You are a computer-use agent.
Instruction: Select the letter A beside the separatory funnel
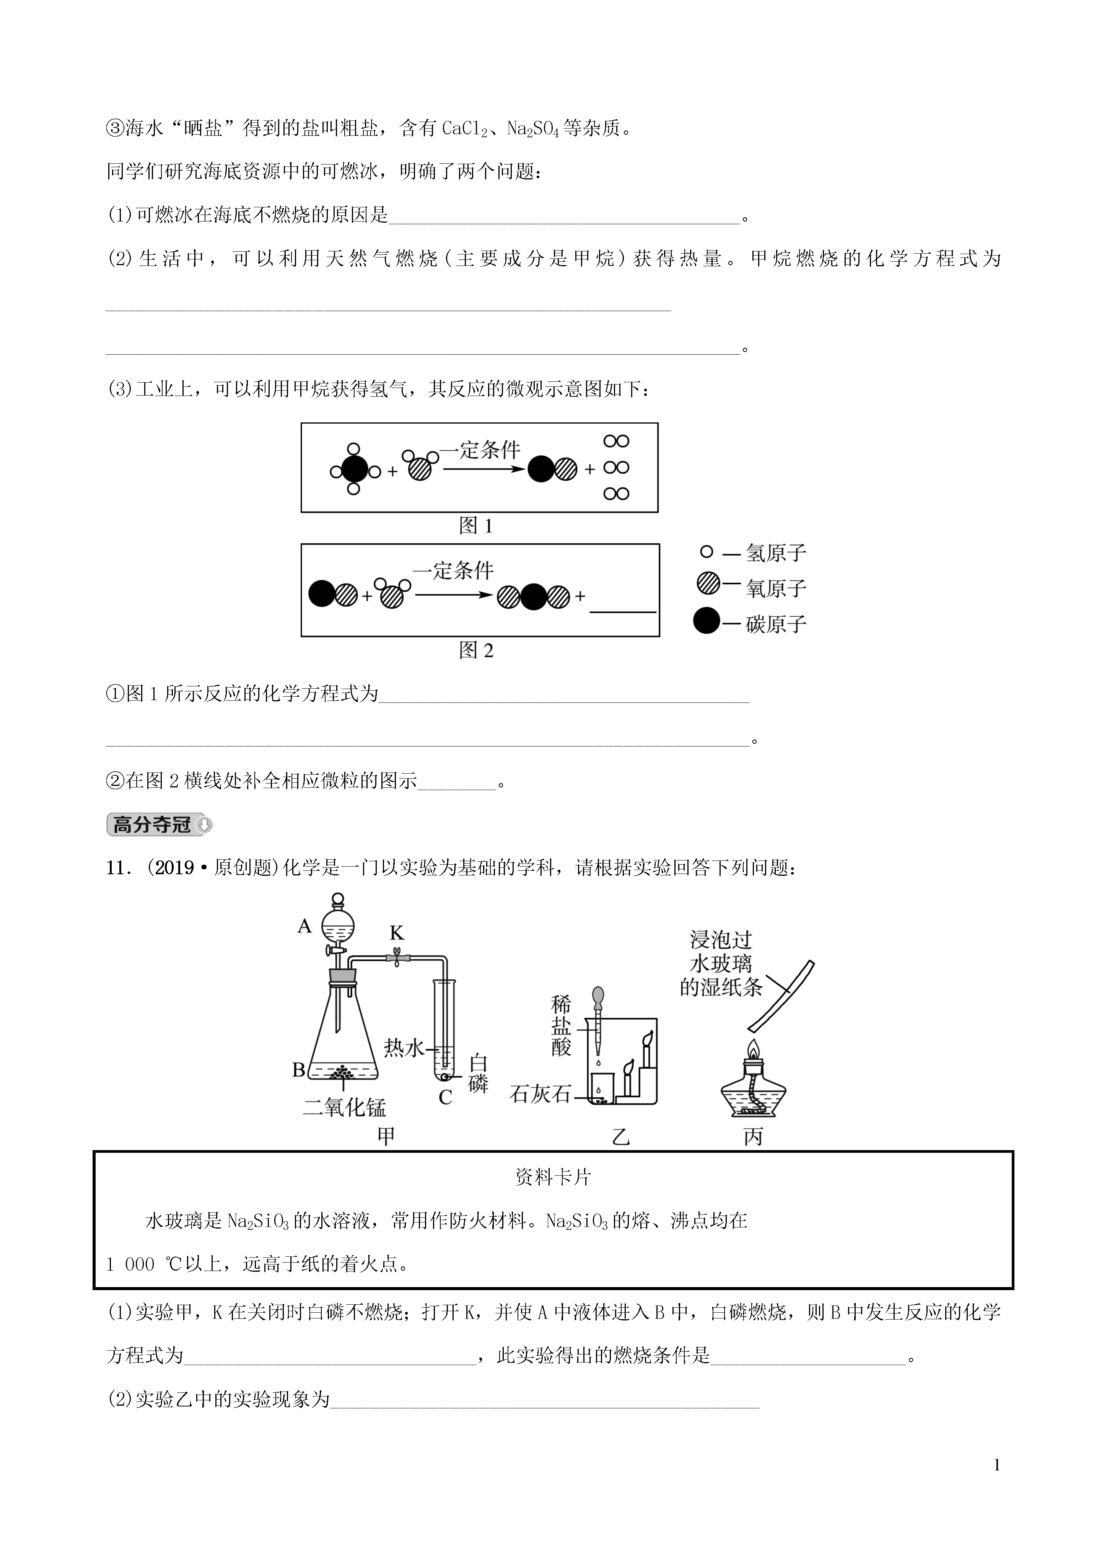tap(304, 926)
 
